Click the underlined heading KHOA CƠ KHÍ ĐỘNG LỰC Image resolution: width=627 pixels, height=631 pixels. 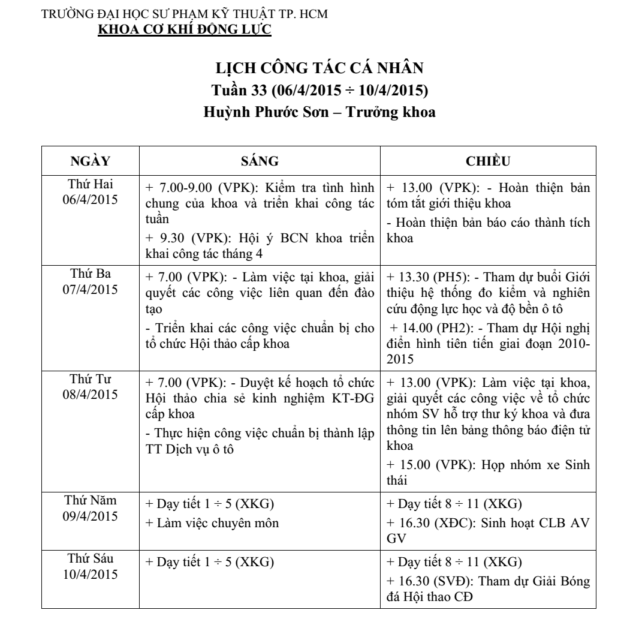tap(185, 29)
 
